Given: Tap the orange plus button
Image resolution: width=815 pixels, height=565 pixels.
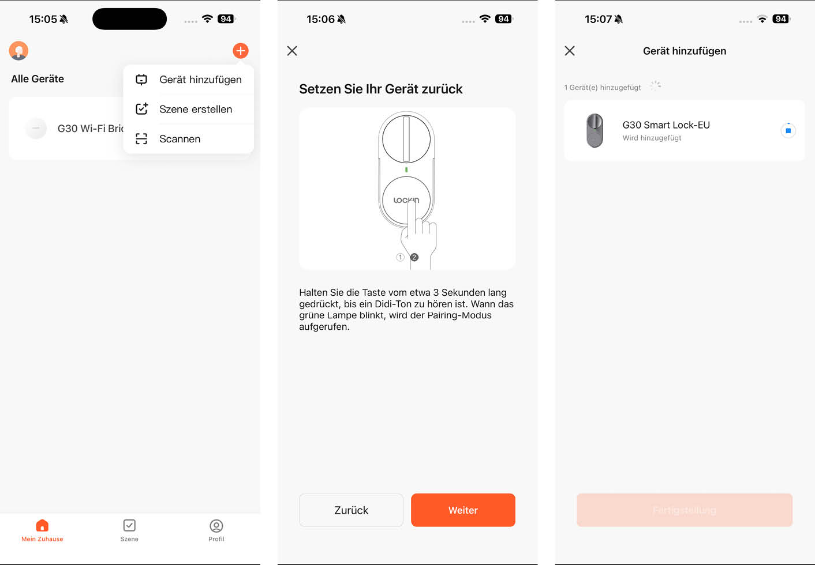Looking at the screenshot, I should [241, 51].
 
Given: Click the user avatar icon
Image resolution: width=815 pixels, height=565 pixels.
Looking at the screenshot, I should [18, 51].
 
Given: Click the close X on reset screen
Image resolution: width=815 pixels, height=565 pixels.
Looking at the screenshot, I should [292, 51].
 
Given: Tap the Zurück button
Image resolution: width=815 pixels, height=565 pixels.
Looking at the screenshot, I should [351, 510].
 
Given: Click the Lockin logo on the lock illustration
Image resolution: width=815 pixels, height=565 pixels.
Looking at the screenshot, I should [406, 200].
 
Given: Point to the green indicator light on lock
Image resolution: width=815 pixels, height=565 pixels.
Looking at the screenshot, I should [406, 169].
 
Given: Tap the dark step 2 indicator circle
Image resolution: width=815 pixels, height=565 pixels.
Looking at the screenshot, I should [414, 257].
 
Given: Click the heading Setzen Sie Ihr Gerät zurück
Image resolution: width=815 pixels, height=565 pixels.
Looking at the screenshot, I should [381, 89].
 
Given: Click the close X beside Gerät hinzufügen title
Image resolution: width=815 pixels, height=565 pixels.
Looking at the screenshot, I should [570, 51].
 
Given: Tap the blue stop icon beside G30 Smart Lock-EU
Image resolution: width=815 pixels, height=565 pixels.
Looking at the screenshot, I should [788, 131].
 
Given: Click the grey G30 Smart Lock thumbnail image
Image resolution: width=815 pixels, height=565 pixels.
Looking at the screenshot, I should [595, 130].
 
